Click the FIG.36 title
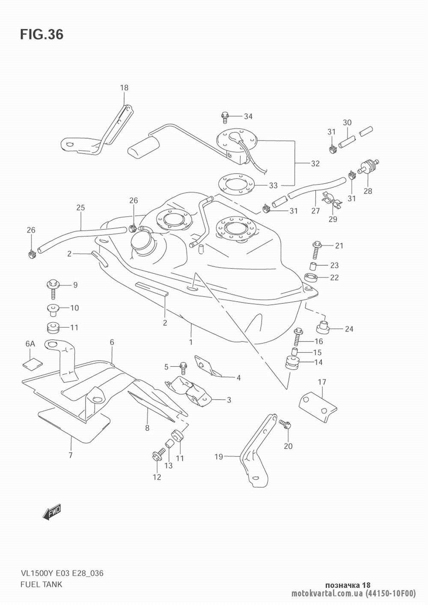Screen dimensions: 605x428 click(x=41, y=34)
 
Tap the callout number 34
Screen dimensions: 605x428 click(x=248, y=116)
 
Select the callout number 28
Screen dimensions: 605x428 click(x=368, y=191)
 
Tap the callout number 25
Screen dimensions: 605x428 click(x=80, y=208)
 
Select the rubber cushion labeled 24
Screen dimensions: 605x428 click(x=322, y=327)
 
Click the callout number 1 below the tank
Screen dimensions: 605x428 click(x=190, y=342)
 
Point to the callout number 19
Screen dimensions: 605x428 click(x=219, y=457)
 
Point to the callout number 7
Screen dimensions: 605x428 click(x=70, y=455)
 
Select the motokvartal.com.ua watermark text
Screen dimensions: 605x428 click(x=327, y=594)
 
